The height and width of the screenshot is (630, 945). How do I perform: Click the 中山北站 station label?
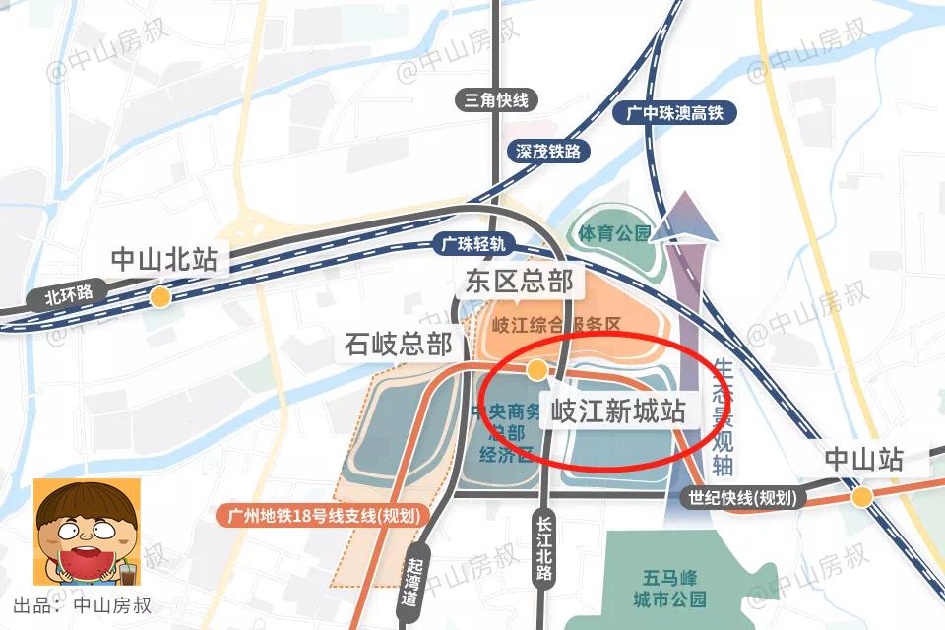163,259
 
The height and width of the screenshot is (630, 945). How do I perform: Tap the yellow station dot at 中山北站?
158,296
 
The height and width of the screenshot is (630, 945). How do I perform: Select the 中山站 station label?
862,459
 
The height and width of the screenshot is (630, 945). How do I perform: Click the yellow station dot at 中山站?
862,497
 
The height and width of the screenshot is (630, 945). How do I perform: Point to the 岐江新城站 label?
617,409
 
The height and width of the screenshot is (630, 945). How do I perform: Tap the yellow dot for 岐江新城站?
536,370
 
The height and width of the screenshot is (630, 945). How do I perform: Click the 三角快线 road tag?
497,99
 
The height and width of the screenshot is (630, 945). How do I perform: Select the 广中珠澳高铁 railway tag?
674,113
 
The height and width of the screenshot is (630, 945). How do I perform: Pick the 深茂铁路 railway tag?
547,151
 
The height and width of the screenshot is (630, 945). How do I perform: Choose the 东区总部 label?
519,282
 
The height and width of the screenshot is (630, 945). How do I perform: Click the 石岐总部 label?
399,344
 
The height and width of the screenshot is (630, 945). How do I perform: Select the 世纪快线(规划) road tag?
742,498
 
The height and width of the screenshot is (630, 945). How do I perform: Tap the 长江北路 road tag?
542,550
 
